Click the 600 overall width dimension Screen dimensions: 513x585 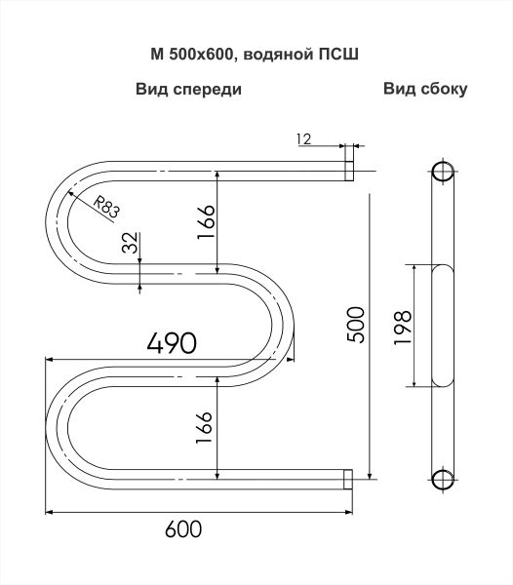(x=183, y=528)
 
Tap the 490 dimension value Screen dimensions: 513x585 (x=172, y=342)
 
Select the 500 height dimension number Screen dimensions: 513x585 (x=355, y=325)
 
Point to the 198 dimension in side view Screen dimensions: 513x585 (x=404, y=328)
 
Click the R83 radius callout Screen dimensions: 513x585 (x=106, y=208)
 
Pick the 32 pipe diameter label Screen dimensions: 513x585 (x=132, y=243)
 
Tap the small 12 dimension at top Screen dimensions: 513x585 (x=303, y=139)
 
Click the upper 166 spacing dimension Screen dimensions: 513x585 (x=207, y=222)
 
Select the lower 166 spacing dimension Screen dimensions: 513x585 (x=204, y=428)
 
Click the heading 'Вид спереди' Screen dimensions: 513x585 (x=189, y=90)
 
